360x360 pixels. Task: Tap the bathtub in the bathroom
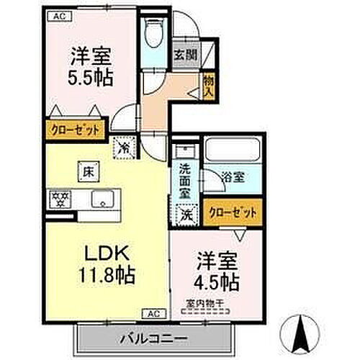(232, 151)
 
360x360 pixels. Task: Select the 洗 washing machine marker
(184, 212)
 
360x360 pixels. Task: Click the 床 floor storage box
(86, 172)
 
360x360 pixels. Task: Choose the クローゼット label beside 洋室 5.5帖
(76, 130)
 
